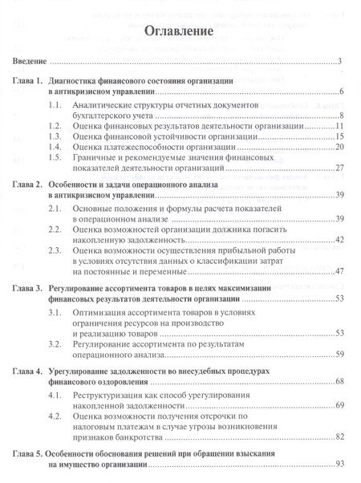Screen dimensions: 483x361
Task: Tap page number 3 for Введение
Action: pyautogui.click(x=341, y=61)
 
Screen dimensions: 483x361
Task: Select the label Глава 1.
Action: pyautogui.click(x=30, y=82)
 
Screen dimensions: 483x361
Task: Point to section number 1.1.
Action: pyautogui.click(x=55, y=105)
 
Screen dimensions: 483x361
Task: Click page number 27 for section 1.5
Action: pyautogui.click(x=339, y=168)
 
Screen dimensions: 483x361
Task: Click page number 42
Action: pyautogui.click(x=339, y=240)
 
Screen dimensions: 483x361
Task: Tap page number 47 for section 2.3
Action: pyautogui.click(x=339, y=271)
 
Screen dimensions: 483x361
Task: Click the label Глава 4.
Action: pyautogui.click(x=30, y=372)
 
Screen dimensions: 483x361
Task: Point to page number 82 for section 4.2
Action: pyautogui.click(x=339, y=439)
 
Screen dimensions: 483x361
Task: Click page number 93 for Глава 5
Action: pyautogui.click(x=339, y=465)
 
